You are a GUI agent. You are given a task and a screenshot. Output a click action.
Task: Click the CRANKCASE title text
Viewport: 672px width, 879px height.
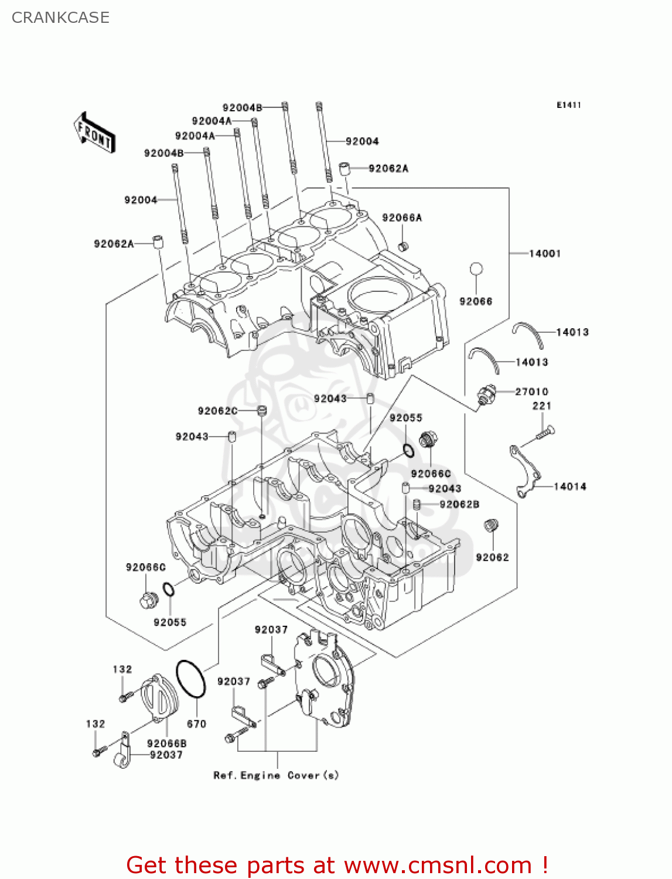click(60, 18)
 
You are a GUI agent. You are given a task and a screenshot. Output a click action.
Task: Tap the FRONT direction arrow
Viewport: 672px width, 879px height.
click(94, 133)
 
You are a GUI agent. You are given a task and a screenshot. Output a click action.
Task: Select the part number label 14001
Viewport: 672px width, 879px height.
click(544, 253)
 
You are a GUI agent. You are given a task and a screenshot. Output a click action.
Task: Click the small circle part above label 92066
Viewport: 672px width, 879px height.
click(476, 269)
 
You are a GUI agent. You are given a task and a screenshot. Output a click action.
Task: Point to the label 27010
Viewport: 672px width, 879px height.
click(531, 391)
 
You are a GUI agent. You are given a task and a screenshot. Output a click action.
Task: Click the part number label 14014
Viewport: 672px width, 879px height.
click(569, 486)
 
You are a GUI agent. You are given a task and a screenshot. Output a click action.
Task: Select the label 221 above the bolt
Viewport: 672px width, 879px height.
click(541, 406)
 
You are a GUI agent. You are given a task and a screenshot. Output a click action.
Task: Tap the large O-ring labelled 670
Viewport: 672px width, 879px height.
click(191, 679)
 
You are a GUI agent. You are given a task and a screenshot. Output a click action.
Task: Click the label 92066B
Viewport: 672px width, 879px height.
click(166, 743)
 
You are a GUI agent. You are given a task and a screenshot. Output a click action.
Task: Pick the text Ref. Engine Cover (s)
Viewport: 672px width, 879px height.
click(276, 775)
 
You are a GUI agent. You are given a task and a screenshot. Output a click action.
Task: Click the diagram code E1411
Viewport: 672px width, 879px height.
click(568, 105)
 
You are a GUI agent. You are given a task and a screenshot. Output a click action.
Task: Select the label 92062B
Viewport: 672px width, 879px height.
click(459, 504)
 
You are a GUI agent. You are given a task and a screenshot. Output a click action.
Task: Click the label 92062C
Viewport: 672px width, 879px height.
click(217, 411)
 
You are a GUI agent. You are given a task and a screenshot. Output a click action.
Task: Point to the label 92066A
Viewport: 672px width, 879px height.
click(401, 217)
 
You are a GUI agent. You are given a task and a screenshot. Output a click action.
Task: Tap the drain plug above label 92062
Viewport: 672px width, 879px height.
click(491, 526)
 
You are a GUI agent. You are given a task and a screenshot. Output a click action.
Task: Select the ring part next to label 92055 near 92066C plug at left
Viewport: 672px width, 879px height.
click(168, 590)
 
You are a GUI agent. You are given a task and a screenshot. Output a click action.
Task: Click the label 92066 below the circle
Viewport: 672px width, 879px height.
click(476, 301)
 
